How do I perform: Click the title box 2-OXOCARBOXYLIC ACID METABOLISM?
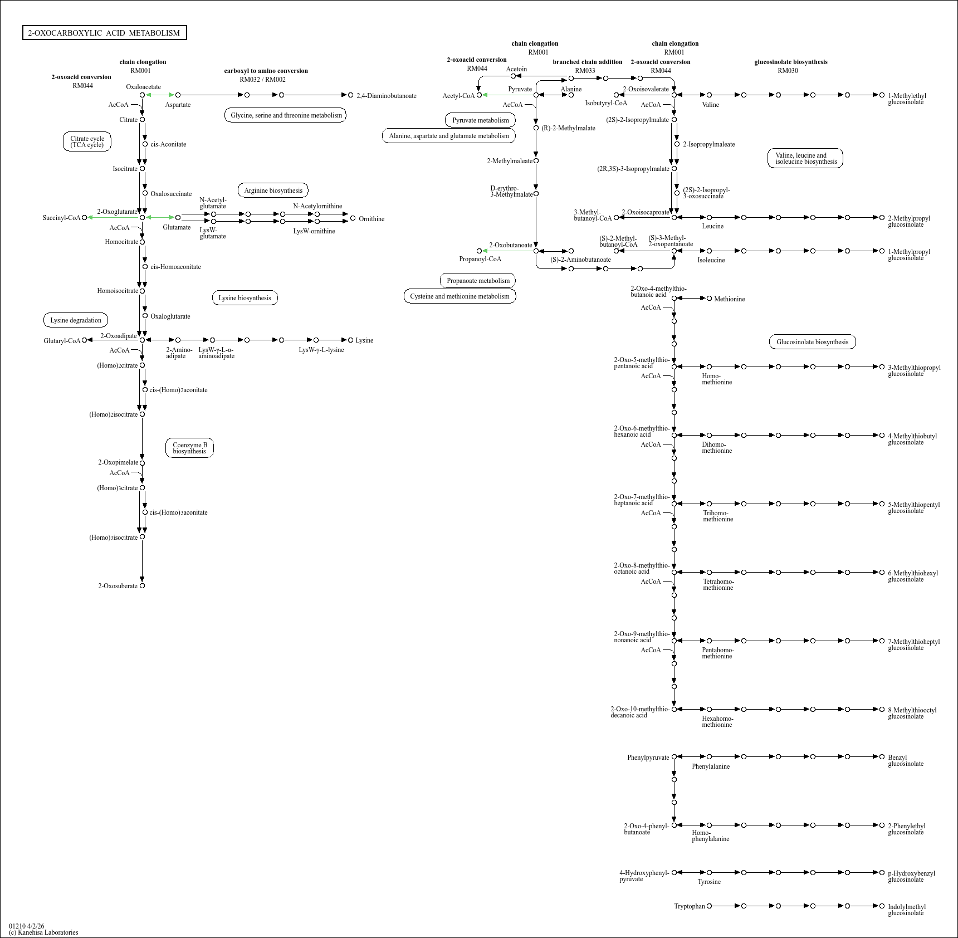pyautogui.click(x=104, y=33)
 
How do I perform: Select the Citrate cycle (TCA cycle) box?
pyautogui.click(x=87, y=142)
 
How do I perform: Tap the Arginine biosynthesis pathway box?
pyautogui.click(x=273, y=190)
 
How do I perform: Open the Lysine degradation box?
pyautogui.click(x=76, y=320)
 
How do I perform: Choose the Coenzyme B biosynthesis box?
pyautogui.click(x=189, y=448)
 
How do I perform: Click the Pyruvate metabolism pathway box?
pyautogui.click(x=481, y=120)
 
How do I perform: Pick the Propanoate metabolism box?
pyautogui.click(x=478, y=281)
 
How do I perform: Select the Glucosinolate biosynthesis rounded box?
pyautogui.click(x=812, y=342)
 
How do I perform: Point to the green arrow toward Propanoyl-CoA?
pyautogui.click(x=507, y=251)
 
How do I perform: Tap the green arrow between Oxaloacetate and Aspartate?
pyautogui.click(x=160, y=95)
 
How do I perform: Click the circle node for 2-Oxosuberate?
pyautogui.click(x=142, y=586)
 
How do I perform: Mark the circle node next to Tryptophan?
pyautogui.click(x=709, y=906)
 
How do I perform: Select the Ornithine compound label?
pyautogui.click(x=372, y=219)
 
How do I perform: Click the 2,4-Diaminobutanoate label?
pyautogui.click(x=387, y=96)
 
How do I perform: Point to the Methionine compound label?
pyautogui.click(x=730, y=299)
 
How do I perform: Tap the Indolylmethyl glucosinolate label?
pyautogui.click(x=907, y=910)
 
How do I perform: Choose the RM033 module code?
pyautogui.click(x=585, y=71)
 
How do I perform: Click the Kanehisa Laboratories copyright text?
pyautogui.click(x=43, y=932)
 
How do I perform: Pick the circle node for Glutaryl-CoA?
pyautogui.click(x=84, y=340)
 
